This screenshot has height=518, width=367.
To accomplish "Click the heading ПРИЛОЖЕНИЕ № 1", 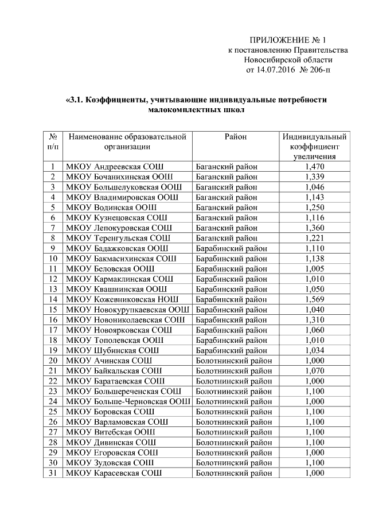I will click(x=287, y=40).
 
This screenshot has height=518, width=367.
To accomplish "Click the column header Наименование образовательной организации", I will click(x=127, y=141).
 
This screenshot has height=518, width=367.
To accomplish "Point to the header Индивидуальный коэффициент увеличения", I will click(x=315, y=147).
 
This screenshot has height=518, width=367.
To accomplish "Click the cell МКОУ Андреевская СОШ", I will click(x=115, y=167).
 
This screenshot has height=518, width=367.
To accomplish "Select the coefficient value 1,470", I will click(x=315, y=167).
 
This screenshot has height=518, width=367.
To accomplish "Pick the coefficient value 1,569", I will click(x=315, y=299).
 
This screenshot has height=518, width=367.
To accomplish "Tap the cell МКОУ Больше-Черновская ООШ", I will click(x=128, y=401).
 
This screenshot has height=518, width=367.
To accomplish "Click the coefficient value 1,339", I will click(x=315, y=177).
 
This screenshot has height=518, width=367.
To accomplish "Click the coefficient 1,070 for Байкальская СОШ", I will click(x=315, y=371).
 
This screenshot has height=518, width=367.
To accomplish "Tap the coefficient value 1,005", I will click(x=315, y=268).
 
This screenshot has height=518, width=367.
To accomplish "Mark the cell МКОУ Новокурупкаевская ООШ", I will click(x=128, y=310).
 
